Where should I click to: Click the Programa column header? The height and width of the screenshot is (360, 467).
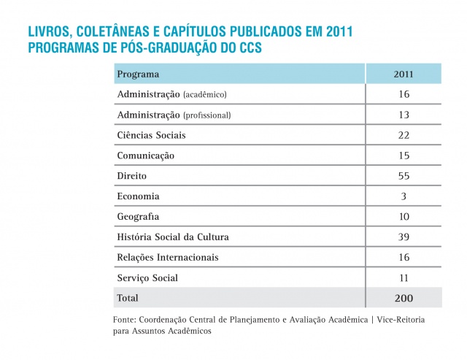point(138,74)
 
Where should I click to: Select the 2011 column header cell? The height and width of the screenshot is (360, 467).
point(404,74)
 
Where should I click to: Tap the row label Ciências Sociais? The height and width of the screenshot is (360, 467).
point(151,135)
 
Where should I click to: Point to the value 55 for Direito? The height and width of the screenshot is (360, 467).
point(404,176)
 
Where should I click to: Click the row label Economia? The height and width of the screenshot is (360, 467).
point(138,196)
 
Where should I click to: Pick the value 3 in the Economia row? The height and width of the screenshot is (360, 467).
point(404,196)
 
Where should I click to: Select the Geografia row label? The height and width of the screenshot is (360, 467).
point(138,217)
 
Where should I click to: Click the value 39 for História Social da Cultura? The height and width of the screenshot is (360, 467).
point(404,237)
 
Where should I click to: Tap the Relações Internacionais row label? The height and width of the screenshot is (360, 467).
point(167,258)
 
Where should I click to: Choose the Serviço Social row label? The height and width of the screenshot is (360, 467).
point(147,278)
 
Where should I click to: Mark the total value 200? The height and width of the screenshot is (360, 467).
point(404,298)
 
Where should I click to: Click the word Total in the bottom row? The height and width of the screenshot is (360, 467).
point(128,298)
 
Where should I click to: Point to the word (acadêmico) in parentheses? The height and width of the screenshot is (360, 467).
point(205,95)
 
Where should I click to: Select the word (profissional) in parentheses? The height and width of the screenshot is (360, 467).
point(207,115)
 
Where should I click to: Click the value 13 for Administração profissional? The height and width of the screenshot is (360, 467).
point(404,115)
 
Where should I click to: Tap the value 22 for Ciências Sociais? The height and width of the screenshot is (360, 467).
point(404,135)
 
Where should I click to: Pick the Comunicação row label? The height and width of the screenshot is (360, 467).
point(145,156)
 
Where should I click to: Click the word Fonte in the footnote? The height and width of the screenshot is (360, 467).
point(126,320)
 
